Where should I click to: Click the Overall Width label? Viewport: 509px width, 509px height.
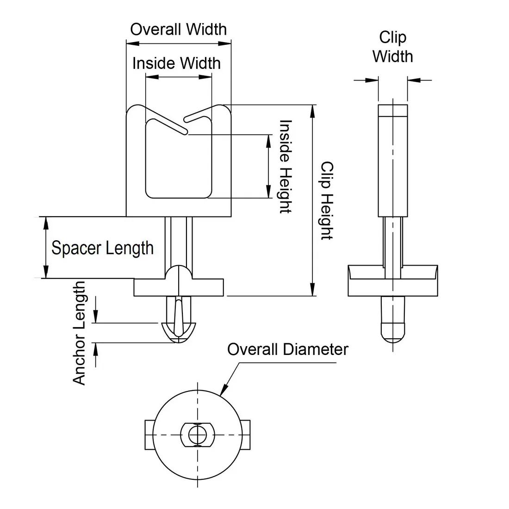click(x=178, y=30)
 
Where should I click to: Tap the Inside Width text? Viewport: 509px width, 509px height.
click(x=176, y=63)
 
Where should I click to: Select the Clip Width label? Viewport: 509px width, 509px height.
click(x=392, y=47)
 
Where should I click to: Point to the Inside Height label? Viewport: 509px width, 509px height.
click(x=286, y=166)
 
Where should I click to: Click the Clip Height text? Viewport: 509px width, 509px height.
click(x=327, y=201)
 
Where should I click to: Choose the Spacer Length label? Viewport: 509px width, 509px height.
click(x=102, y=248)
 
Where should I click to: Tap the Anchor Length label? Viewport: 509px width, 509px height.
click(x=79, y=333)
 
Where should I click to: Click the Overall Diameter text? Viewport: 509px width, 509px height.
click(x=288, y=350)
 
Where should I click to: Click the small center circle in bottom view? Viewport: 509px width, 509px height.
click(x=197, y=435)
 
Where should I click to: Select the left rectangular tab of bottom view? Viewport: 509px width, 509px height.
click(x=149, y=435)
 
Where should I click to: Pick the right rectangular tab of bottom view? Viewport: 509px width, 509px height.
click(x=245, y=435)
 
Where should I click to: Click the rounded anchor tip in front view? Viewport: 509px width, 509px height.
click(x=179, y=333)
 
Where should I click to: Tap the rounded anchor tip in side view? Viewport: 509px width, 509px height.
click(x=393, y=333)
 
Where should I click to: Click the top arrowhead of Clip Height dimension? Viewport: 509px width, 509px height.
click(x=312, y=112)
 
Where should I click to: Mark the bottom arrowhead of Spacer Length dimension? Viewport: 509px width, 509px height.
click(x=46, y=272)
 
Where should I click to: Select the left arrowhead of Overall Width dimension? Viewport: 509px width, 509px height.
click(x=133, y=43)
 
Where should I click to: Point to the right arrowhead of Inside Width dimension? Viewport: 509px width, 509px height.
click(x=205, y=77)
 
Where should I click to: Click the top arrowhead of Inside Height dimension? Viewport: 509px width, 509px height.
click(x=268, y=141)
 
